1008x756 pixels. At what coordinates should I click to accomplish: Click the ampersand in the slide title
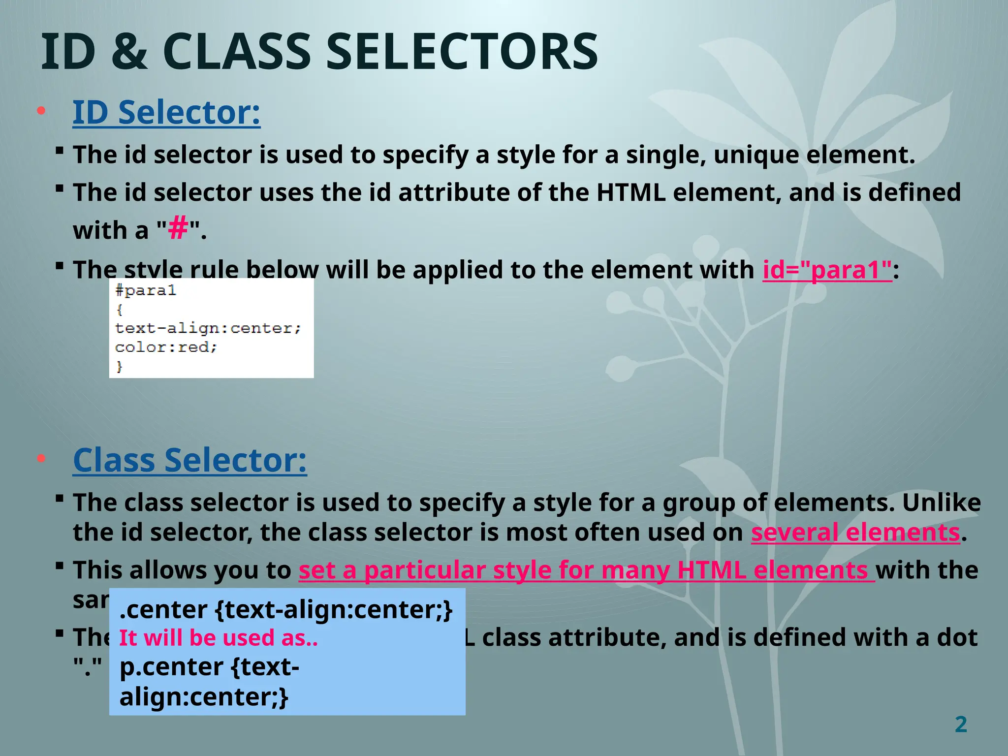click(129, 52)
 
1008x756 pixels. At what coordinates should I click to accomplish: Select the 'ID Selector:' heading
click(166, 113)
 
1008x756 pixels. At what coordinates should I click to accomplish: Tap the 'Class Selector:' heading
click(189, 460)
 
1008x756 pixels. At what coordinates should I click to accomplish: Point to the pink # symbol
click(178, 229)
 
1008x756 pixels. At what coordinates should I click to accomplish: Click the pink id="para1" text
click(827, 270)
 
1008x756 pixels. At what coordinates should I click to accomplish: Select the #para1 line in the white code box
click(146, 290)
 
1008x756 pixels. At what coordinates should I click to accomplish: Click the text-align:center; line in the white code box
click(208, 328)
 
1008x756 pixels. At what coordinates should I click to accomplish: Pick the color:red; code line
click(166, 347)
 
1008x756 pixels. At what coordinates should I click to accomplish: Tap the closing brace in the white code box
click(119, 367)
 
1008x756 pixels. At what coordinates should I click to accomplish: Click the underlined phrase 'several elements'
click(855, 533)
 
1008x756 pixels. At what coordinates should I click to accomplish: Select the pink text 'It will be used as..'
click(219, 638)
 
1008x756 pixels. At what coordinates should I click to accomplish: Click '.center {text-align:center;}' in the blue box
click(285, 610)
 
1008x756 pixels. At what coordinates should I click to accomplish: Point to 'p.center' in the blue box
click(171, 667)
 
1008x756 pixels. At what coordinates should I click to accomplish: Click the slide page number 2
click(961, 724)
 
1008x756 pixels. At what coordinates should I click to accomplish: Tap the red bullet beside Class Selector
click(41, 459)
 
